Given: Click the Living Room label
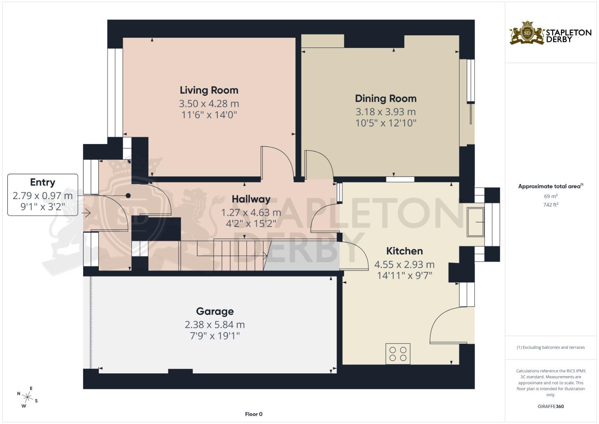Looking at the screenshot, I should (x=209, y=90).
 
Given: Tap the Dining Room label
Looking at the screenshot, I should (x=386, y=99).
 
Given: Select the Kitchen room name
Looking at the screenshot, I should (x=404, y=251).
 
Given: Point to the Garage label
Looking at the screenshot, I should (x=215, y=311).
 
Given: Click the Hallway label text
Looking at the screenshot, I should (x=251, y=199).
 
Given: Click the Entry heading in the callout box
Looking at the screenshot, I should (x=42, y=183).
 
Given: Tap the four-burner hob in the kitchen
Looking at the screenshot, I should (x=398, y=353).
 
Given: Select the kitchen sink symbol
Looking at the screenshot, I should (x=475, y=222).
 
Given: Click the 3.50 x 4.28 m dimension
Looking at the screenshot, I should (x=209, y=104).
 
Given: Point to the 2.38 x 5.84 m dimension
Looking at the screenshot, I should (x=215, y=325).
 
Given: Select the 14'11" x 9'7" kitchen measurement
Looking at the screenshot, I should (x=404, y=276).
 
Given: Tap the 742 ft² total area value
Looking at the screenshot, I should (x=550, y=205).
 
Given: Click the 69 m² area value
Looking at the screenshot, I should (x=550, y=196).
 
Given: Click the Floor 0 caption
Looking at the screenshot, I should (x=253, y=414).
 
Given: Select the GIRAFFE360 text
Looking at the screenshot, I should (x=550, y=406).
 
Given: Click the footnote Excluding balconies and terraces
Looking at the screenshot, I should (x=550, y=347).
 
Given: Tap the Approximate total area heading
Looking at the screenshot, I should (x=550, y=186).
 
